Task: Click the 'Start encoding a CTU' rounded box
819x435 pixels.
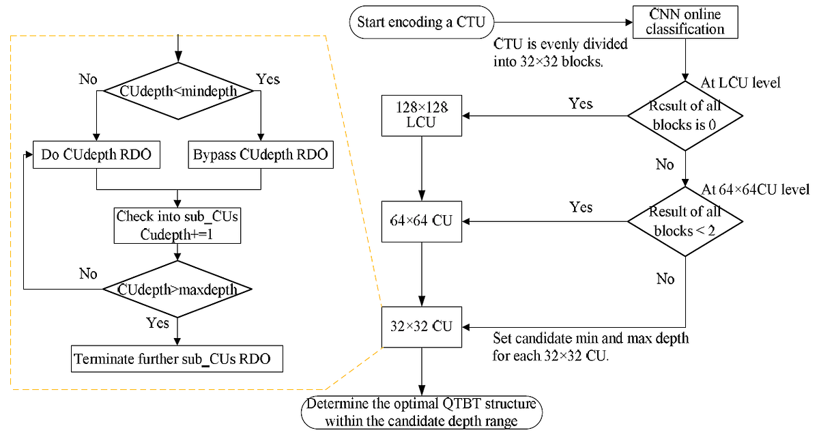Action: (x=421, y=22)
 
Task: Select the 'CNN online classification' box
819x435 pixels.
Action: (x=685, y=22)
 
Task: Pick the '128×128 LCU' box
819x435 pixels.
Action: (x=422, y=115)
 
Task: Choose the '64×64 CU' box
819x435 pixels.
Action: (x=422, y=221)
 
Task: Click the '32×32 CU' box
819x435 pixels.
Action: (x=422, y=326)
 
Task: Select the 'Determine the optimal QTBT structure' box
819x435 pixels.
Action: (x=422, y=412)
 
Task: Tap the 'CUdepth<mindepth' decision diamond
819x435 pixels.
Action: (x=177, y=91)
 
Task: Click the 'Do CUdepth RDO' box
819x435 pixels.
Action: (x=97, y=156)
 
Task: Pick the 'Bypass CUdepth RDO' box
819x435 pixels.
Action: (x=260, y=156)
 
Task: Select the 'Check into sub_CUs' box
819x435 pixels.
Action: (x=177, y=225)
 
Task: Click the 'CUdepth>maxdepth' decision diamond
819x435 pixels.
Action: (x=177, y=290)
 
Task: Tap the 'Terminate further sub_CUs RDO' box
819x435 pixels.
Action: (x=177, y=359)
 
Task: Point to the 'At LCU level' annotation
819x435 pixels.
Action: (x=741, y=83)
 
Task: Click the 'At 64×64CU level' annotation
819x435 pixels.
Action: (x=756, y=189)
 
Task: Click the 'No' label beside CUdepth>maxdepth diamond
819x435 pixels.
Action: (x=88, y=274)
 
